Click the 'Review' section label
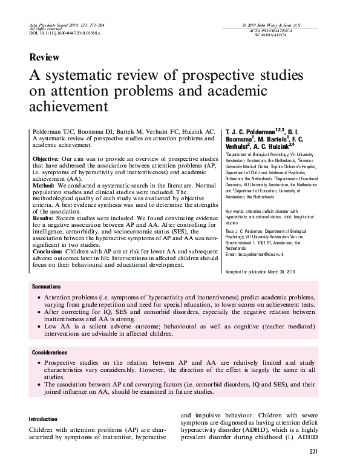[x=44, y=58]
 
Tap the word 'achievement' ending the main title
[x=68, y=107]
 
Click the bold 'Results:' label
[x=44, y=217]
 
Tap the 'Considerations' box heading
[x=51, y=352]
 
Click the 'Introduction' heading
[x=44, y=419]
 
